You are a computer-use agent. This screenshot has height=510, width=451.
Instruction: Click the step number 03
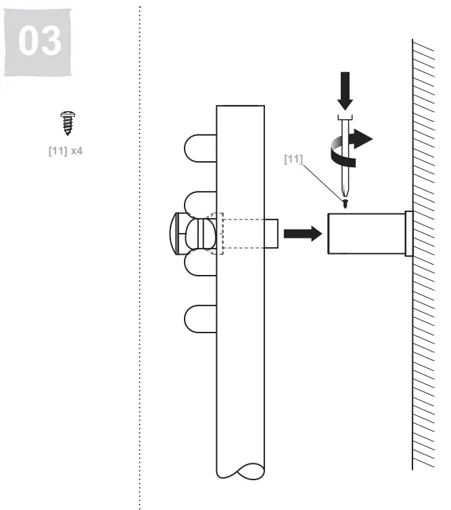(39, 41)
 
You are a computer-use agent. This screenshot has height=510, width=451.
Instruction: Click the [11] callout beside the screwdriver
(293, 158)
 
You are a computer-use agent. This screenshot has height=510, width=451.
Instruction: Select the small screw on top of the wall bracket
(346, 203)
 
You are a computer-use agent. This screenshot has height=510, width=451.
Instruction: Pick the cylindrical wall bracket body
(365, 234)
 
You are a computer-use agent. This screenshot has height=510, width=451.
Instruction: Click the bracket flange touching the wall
(408, 234)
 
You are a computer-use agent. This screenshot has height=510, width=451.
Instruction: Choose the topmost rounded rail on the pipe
(199, 148)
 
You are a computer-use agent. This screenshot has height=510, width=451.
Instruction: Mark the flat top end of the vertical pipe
(240, 107)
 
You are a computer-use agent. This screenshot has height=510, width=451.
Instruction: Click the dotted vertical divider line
(140, 271)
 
